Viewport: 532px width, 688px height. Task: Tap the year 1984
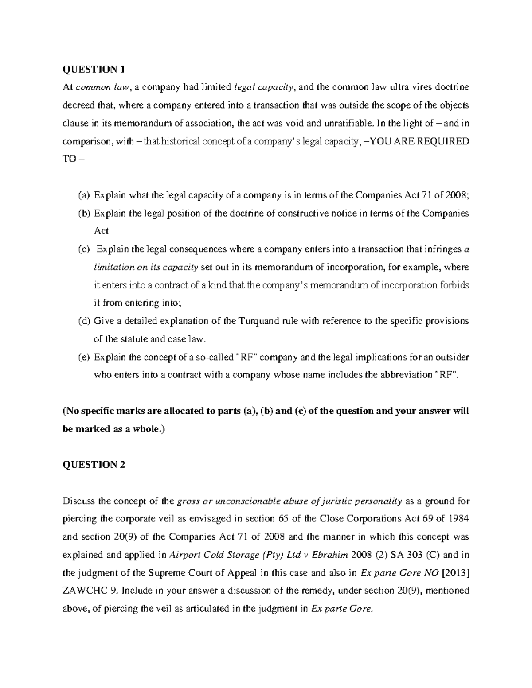[460, 519]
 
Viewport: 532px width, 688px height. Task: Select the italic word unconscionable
[246, 501]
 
